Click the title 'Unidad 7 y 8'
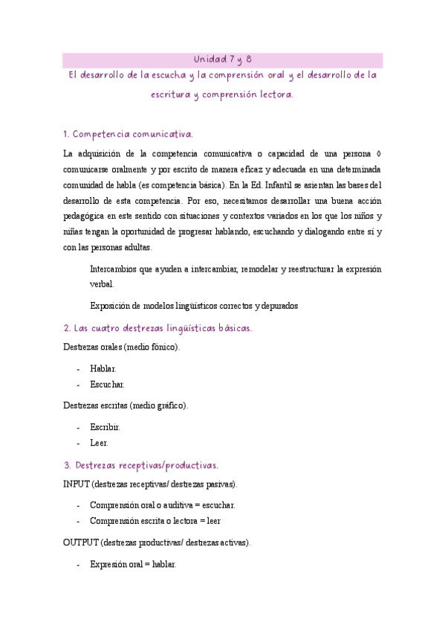222,60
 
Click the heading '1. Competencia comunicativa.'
128,135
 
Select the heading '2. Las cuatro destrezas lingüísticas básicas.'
157,328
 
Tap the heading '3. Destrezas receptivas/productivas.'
140,465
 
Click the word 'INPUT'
76,484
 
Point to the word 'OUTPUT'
80,543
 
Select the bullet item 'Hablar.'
103,368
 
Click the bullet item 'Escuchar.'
107,385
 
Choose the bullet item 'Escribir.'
105,427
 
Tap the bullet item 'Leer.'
99,443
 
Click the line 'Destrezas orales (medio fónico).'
121,347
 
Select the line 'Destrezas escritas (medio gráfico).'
126,406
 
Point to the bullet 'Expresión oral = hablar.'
132,565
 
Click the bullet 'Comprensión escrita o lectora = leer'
155,522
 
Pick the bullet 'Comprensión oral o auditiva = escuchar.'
162,505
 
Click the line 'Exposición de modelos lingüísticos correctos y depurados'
193,305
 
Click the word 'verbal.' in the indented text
102,284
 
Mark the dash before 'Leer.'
79,443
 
